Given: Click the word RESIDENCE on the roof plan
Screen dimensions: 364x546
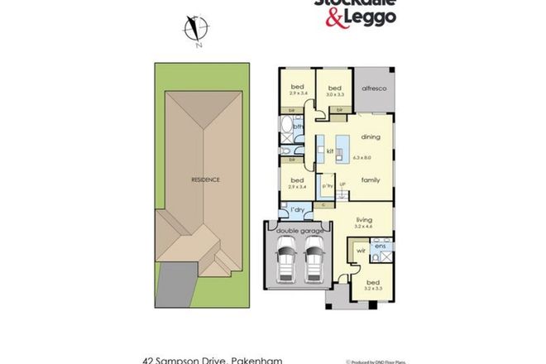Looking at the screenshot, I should point(206,180).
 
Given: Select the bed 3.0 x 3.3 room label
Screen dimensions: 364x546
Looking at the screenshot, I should point(335,90).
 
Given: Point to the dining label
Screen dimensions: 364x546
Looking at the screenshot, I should point(369,139).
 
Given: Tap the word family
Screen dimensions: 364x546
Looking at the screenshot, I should point(369,178).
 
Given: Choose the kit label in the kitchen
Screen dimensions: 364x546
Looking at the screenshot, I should point(329,151).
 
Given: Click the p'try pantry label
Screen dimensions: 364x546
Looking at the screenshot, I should point(326,187).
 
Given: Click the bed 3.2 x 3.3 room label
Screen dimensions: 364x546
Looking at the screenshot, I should point(373,284).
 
